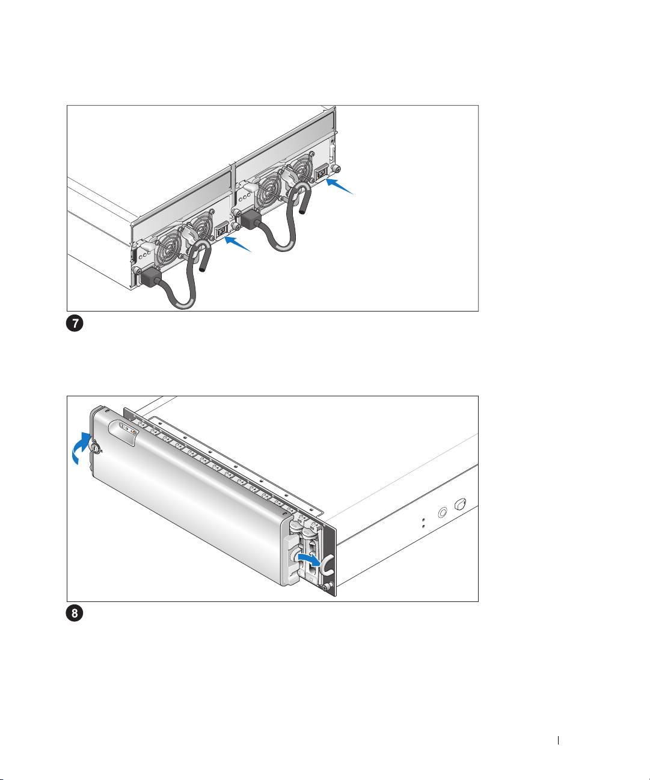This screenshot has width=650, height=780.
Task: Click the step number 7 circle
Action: tap(75, 324)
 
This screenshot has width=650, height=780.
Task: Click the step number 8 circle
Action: tap(75, 614)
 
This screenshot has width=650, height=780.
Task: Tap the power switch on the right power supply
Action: tap(322, 174)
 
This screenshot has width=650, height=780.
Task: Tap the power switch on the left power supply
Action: tap(221, 230)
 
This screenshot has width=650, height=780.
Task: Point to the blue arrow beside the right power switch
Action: tap(342, 187)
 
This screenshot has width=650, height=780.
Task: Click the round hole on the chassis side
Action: tap(443, 513)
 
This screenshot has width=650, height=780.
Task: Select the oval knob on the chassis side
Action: tap(461, 503)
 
